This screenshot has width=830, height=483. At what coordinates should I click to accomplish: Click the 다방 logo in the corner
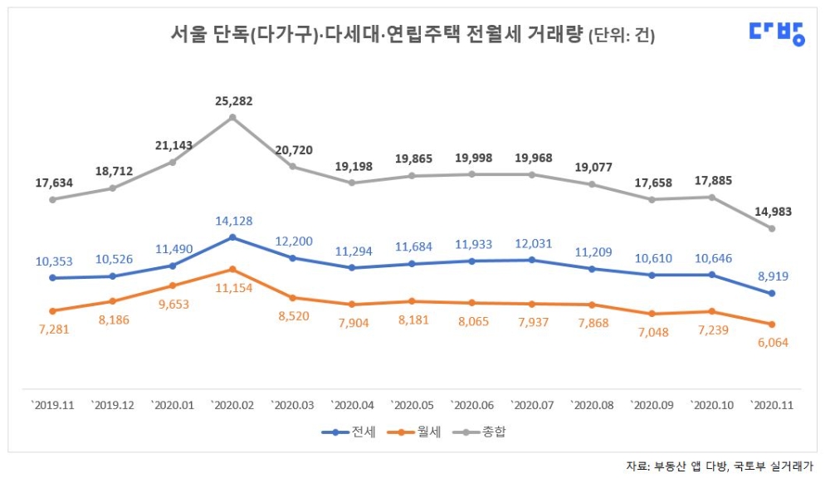tap(776, 32)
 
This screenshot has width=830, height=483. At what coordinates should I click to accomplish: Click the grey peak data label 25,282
tap(232, 101)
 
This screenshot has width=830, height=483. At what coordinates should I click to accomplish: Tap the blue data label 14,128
tap(232, 221)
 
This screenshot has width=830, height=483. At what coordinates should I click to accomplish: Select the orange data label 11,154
tap(232, 287)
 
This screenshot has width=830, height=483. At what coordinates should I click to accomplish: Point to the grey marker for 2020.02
tap(232, 117)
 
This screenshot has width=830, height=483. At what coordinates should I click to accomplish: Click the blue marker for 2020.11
tap(772, 293)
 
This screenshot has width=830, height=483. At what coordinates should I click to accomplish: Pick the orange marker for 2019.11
tap(52, 311)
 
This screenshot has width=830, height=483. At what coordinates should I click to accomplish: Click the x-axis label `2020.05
tap(413, 405)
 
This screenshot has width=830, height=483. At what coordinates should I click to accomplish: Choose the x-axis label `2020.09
tap(652, 405)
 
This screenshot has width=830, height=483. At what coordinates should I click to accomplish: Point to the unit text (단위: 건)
tap(622, 36)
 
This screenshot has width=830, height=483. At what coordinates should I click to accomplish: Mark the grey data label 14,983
tap(772, 212)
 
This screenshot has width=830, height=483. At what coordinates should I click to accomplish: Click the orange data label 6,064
tap(771, 343)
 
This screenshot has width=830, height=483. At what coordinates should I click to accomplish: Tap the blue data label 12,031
tap(532, 244)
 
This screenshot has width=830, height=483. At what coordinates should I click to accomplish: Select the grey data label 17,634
tap(52, 183)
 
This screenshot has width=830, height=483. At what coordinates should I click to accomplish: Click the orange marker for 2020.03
tap(292, 297)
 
